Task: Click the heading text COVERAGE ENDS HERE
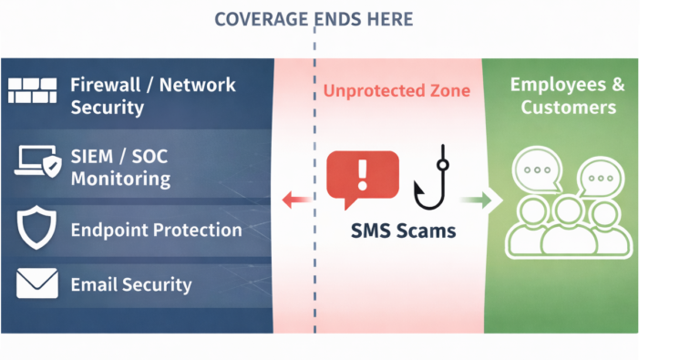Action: coord(314,19)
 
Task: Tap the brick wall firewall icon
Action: coord(33,90)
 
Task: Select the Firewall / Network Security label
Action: coord(153,96)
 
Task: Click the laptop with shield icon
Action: coord(37,160)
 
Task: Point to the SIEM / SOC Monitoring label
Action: coord(120,166)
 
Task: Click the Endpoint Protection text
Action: coord(156,230)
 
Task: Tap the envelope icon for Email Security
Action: coord(37,283)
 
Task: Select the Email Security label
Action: coord(131,284)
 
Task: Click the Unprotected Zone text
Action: coord(396,90)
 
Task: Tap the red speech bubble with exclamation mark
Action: coord(362,176)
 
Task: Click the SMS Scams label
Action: coord(404,231)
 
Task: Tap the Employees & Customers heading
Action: coord(567,96)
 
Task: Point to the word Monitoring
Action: coord(120,178)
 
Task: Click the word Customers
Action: coord(567,108)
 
